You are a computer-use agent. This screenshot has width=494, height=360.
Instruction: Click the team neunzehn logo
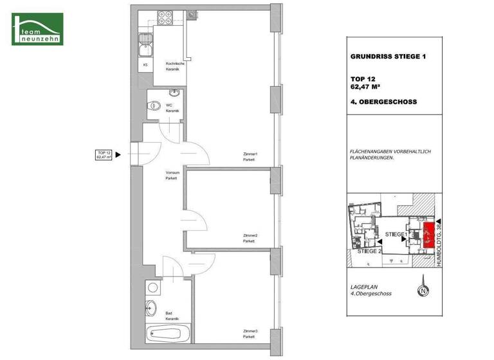click(x=37, y=29)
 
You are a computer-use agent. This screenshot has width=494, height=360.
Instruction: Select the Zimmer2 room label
click(x=250, y=238)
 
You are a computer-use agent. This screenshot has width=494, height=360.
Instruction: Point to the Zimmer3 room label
click(x=250, y=334)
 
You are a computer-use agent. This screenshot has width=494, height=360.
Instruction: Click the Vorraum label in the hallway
click(x=171, y=175)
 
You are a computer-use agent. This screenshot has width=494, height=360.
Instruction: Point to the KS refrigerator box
click(x=145, y=64)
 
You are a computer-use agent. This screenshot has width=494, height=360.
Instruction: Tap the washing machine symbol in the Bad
click(x=153, y=287)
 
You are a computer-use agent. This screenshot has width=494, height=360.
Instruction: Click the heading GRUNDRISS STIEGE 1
click(x=387, y=57)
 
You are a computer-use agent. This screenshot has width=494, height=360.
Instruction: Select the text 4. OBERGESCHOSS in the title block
click(x=383, y=102)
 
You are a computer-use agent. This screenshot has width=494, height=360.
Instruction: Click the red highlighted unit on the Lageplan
click(x=429, y=235)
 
